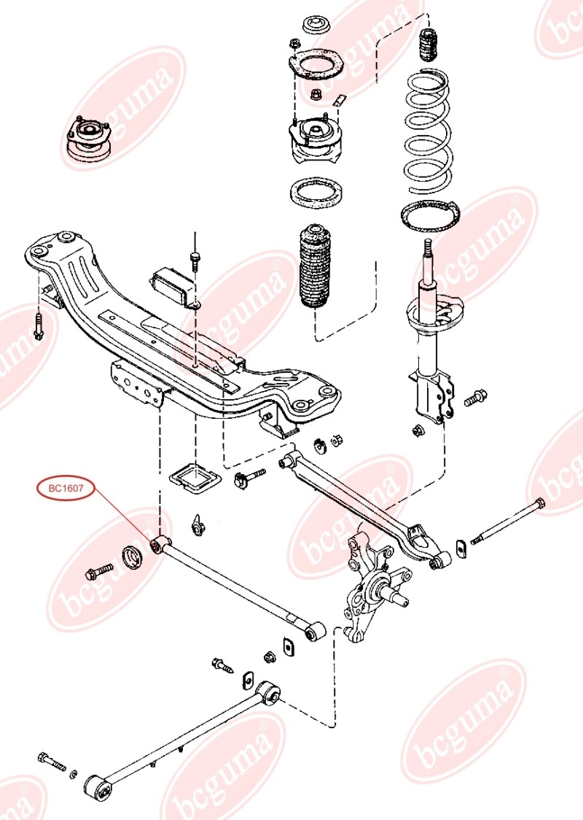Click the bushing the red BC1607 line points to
tap(157, 545)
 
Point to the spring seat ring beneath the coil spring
tap(431, 216)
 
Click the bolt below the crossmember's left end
tap(38, 325)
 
